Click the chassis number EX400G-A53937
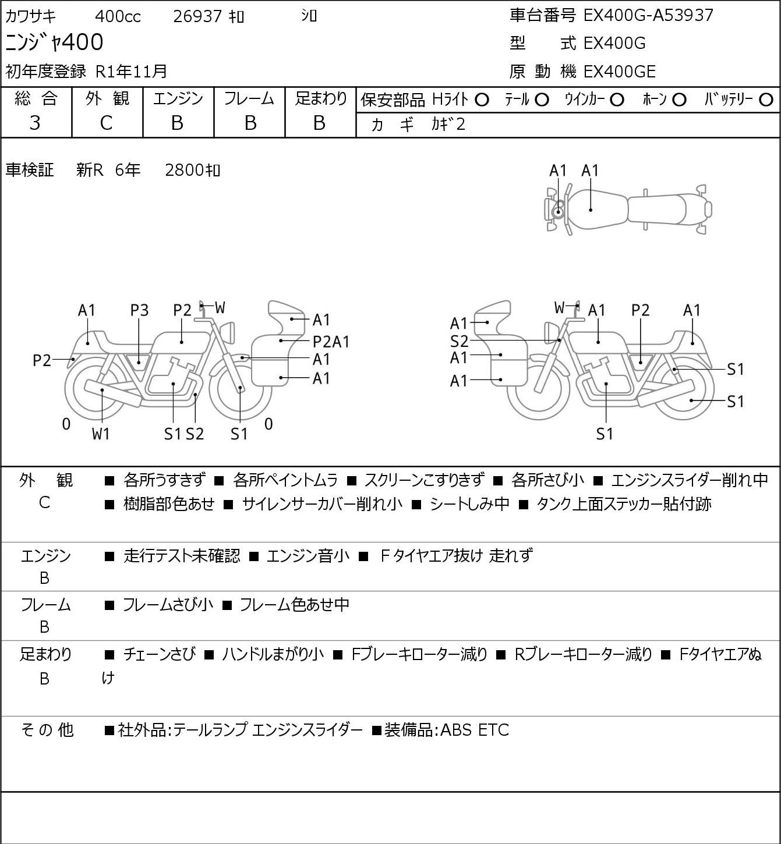pos(648,16)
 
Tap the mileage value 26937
pos(197,16)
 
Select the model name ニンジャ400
pos(54,42)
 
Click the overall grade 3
pos(35,123)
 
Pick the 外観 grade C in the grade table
pos(106,123)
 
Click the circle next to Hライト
pos(482,100)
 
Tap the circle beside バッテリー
pos(766,100)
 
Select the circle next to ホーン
pos(679,100)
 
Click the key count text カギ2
pos(448,125)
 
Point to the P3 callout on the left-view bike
pos(140,311)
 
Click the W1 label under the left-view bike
pos(101,434)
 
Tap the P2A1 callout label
pos(331,342)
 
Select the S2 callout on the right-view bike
pos(459,341)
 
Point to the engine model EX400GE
pos(619,72)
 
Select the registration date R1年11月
pos(131,72)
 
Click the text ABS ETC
pos(474,730)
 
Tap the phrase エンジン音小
pos(308,555)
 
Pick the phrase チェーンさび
pos(160,654)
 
